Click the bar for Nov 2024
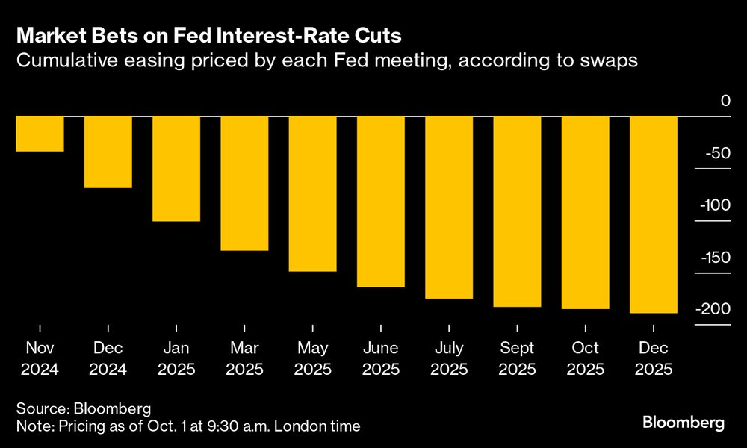40,134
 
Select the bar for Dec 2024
108,152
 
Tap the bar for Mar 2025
244,183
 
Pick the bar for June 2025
380,202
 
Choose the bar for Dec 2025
654,214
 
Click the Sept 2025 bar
517,211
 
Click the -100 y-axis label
713,205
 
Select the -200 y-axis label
713,309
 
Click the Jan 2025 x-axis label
176,358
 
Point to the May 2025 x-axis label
312,358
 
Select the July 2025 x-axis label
448,358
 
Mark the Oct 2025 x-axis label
585,358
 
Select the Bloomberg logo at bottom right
684,423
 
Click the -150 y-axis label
713,258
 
